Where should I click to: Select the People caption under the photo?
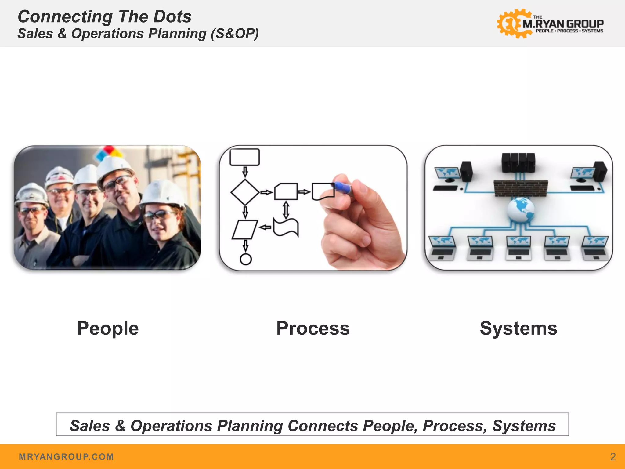[x=108, y=328]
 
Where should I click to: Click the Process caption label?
[x=313, y=328]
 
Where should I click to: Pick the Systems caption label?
[x=518, y=328]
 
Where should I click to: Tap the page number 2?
[x=613, y=456]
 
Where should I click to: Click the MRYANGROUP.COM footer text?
[x=66, y=457]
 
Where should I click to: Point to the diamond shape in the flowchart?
[x=245, y=192]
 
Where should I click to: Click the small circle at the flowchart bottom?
[x=246, y=259]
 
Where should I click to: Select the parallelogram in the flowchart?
[x=245, y=229]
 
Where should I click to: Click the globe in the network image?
[x=521, y=209]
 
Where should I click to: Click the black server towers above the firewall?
[x=518, y=162]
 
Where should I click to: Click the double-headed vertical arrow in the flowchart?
[x=286, y=209]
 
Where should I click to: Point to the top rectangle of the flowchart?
[x=244, y=157]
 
